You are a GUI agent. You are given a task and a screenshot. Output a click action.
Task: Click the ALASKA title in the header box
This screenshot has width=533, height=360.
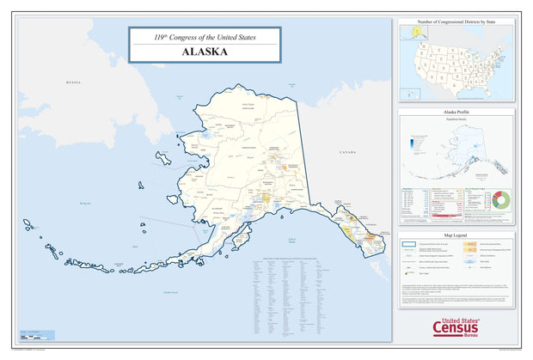(x=204, y=52)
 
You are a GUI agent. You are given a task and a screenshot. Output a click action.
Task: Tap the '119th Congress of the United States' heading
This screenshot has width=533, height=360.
(x=204, y=37)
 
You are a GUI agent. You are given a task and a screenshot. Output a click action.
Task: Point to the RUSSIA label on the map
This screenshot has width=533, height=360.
(x=73, y=82)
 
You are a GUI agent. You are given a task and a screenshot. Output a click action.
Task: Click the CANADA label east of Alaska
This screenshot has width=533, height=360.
(x=346, y=152)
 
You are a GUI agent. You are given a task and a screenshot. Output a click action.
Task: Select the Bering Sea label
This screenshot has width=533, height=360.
(x=84, y=204)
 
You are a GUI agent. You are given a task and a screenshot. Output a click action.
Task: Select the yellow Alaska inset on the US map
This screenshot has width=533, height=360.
(x=412, y=32)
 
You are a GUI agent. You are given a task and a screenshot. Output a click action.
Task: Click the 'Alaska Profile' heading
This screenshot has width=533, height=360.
(x=456, y=112)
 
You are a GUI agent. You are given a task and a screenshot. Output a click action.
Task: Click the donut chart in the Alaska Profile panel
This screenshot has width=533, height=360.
(x=501, y=199)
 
